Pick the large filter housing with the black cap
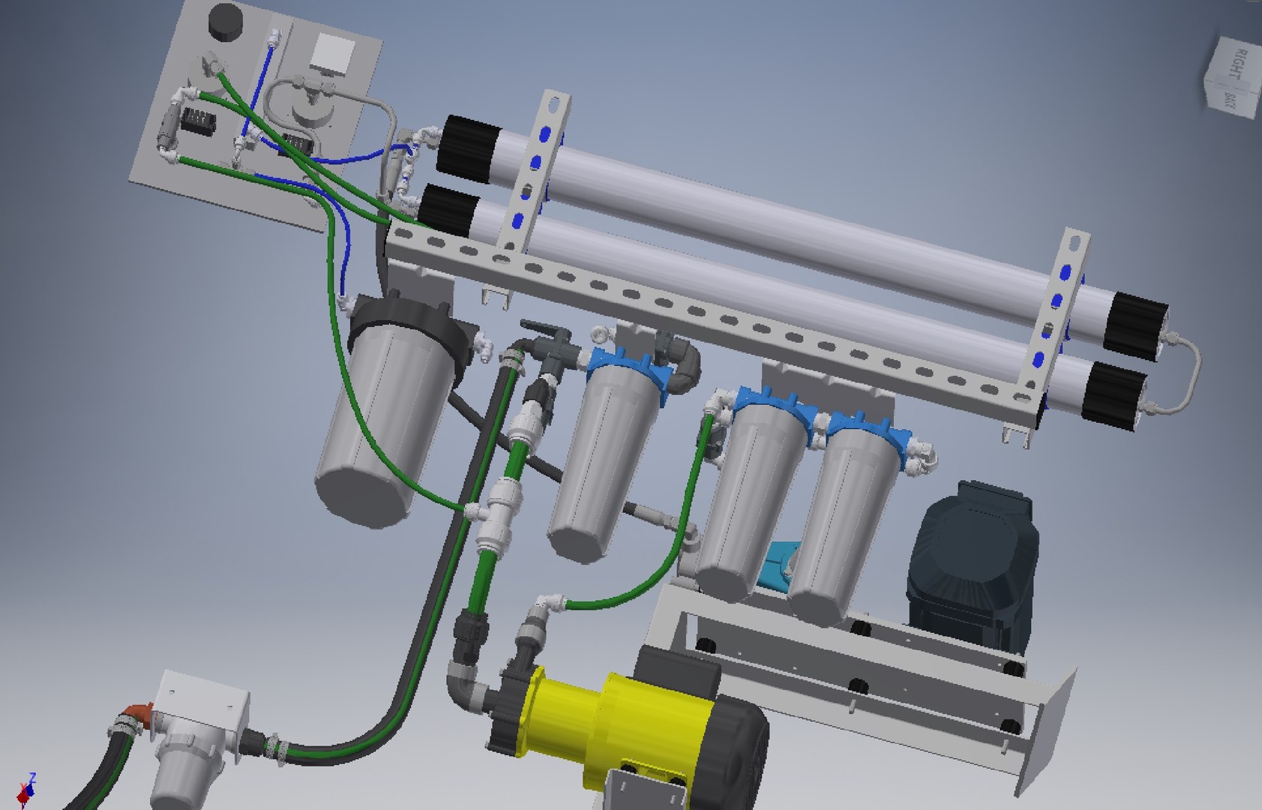[382, 420]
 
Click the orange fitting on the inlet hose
[138, 709]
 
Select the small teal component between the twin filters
[776, 566]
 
